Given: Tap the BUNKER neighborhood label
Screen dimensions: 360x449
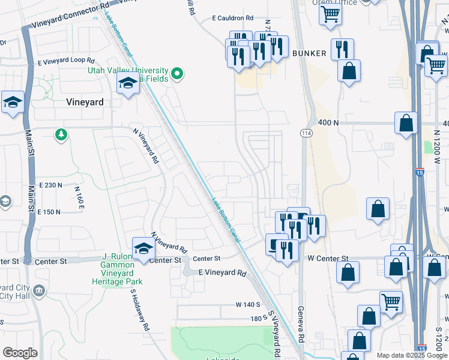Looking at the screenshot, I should point(309,53).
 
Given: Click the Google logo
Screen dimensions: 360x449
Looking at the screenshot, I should point(20,352).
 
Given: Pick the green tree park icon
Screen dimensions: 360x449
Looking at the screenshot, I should point(61,134).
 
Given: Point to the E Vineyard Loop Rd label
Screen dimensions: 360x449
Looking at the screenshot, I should point(66,61).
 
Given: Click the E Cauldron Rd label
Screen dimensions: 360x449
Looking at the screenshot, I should point(233,19).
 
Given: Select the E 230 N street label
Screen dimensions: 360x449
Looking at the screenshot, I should point(50,185).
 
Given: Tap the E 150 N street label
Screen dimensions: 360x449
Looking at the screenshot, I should point(49,212).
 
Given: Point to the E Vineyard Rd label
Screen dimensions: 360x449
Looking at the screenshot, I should point(222,274).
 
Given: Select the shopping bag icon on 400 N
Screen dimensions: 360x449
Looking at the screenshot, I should point(406,123).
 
